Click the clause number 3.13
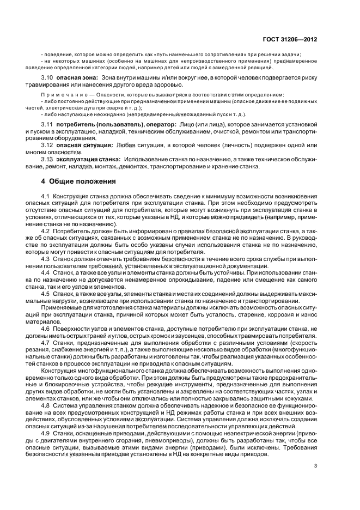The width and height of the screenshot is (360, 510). [x=47, y=159]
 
